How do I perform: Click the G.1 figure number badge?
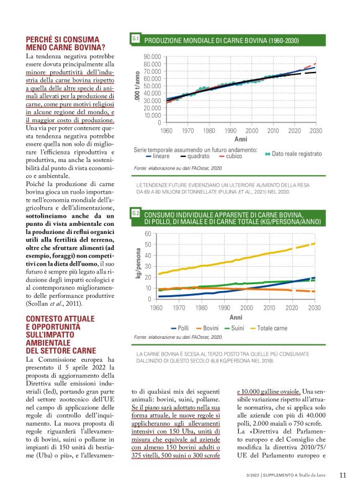(135, 39)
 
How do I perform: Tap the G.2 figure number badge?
(135, 213)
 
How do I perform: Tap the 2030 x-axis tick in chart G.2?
(315, 308)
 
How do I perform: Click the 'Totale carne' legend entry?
(271, 327)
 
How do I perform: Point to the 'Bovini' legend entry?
(209, 327)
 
